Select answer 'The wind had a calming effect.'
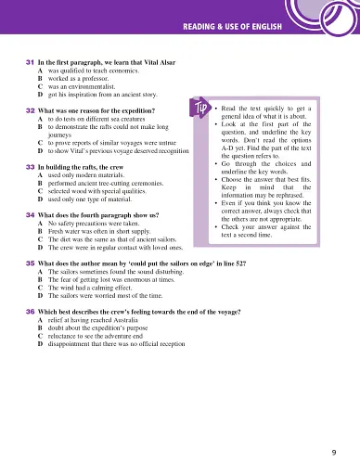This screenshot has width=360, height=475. [97, 289]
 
